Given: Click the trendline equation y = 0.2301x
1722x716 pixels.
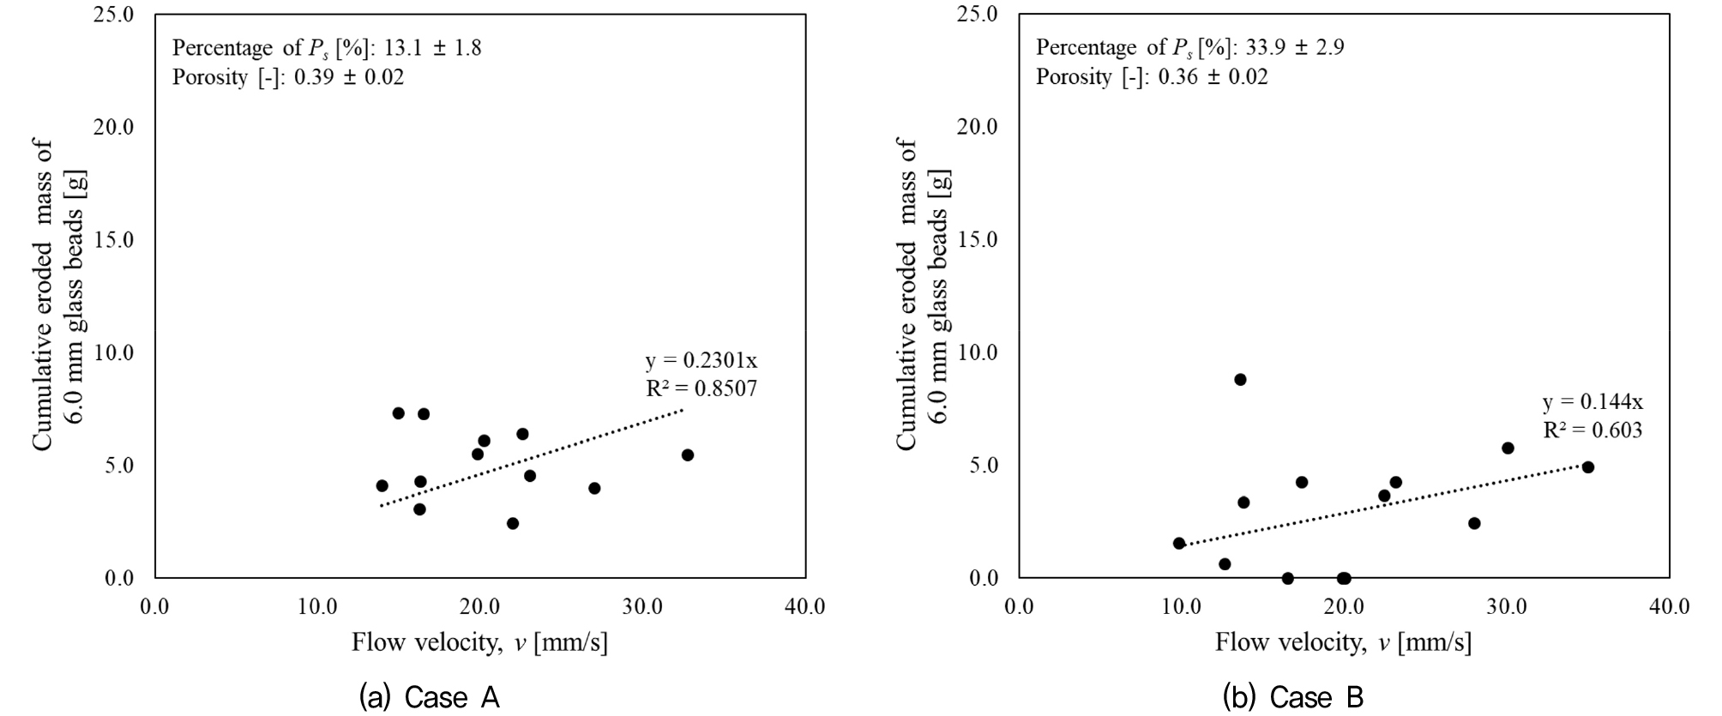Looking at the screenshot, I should [x=701, y=361].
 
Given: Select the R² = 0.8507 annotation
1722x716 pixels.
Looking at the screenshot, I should [x=701, y=389].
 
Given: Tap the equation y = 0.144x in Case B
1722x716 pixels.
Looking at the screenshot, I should [x=1593, y=402].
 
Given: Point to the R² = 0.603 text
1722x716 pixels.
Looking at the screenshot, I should [x=1593, y=430].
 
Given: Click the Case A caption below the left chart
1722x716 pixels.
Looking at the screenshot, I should [x=430, y=697].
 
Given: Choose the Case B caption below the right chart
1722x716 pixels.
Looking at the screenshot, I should [x=1293, y=697].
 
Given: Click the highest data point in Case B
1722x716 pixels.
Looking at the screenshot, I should [x=1240, y=379].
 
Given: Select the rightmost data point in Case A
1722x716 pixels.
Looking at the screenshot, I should [x=688, y=454].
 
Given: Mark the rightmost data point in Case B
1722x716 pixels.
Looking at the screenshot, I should [x=1587, y=467].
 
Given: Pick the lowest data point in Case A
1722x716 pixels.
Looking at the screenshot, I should [x=513, y=523].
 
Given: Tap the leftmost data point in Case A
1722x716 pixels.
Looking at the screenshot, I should [x=382, y=485].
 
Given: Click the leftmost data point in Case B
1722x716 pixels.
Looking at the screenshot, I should [x=1179, y=543].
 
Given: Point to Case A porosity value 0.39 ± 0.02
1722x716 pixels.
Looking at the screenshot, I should [x=348, y=77].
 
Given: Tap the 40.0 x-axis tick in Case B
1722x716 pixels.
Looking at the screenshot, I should [x=1669, y=607].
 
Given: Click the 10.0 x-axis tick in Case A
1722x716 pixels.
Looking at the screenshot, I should [x=317, y=607].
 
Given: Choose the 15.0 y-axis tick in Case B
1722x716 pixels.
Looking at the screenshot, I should [x=978, y=240].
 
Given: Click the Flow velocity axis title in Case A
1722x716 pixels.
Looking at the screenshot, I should [x=479, y=642].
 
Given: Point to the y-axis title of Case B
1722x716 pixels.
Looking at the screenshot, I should [x=923, y=296].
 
